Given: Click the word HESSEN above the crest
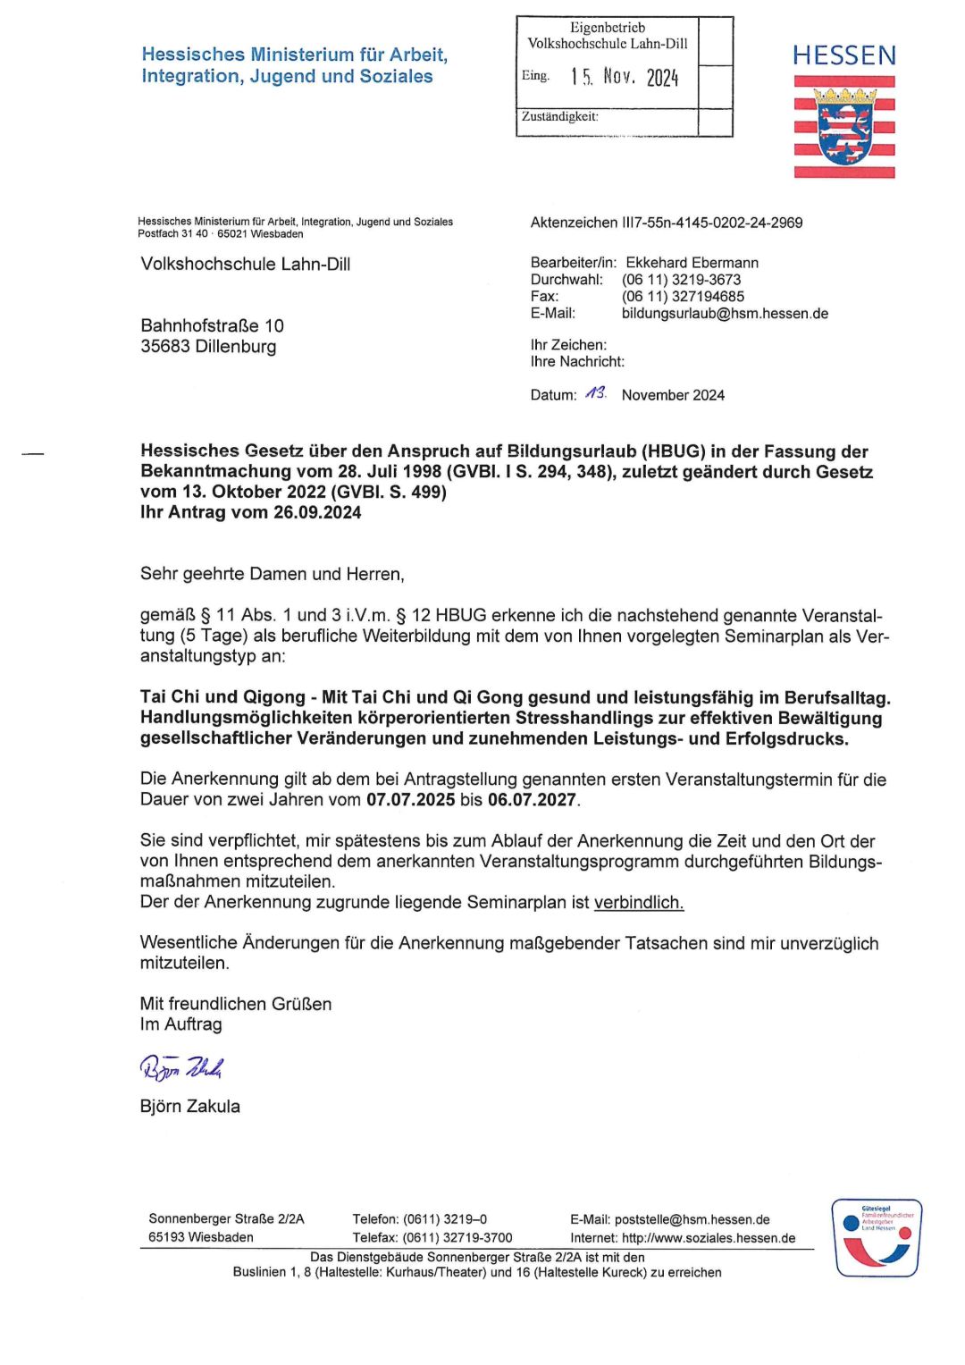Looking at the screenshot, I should point(843,56).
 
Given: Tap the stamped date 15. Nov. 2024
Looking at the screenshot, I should point(625,77).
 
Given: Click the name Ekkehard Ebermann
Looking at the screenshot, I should point(692,263).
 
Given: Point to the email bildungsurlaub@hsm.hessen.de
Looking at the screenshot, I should point(725,314).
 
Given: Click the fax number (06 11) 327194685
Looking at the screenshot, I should point(683,297).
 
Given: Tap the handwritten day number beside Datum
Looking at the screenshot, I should point(596,393).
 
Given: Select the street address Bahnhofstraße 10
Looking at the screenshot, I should point(212,325).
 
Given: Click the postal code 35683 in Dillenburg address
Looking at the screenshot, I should point(168,347).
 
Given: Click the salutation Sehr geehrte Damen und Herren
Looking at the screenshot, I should point(272,574).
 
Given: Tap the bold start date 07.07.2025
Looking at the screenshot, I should point(410,800).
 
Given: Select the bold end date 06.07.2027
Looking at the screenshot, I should point(532,800).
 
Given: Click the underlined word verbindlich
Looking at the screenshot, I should point(639,902).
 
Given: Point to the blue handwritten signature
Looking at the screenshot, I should point(181,1066).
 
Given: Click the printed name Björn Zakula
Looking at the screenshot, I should point(190,1106).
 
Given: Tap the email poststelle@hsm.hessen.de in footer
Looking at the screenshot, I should point(692,1219).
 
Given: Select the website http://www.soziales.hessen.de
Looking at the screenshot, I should point(709,1238).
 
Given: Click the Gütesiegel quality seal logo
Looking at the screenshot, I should point(876,1238).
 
